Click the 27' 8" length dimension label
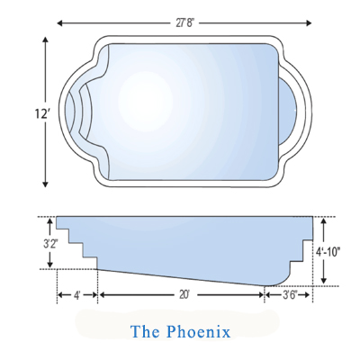pos(184,23)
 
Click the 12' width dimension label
pos(41,113)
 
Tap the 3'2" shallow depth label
pos(50,244)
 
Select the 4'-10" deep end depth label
pos(328,252)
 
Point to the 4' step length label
pos(77,295)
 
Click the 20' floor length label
pos(184,295)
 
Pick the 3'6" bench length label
pos(290,295)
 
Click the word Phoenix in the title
pos(198,331)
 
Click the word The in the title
pos(145,331)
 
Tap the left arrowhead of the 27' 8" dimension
pos(59,23)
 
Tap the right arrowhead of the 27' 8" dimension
pos(309,23)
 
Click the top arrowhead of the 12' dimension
pos(45,40)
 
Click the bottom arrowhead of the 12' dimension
pos(45,184)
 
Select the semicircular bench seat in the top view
pos(289,111)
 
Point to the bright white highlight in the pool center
pos(146,102)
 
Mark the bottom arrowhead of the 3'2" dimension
pos(50,264)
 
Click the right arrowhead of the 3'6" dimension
pos(307,295)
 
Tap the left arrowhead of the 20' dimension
pos(102,295)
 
